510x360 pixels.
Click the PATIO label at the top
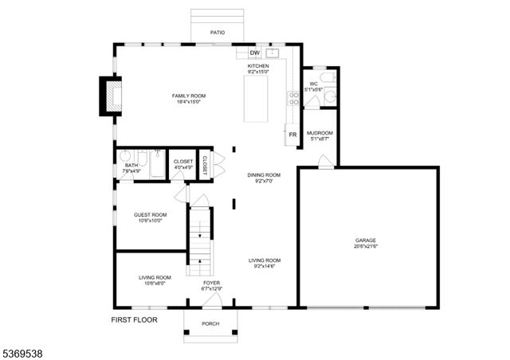(218, 33)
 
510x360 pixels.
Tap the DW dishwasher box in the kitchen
(255, 53)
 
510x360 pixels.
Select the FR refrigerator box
(292, 135)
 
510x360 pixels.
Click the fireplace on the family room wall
(108, 94)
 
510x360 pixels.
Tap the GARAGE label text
(366, 240)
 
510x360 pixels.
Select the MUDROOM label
(320, 133)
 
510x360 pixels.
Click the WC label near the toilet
(313, 84)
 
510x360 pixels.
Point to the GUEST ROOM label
(150, 214)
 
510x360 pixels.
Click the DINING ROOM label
(265, 174)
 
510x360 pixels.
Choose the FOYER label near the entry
(211, 283)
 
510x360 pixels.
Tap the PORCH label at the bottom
(210, 323)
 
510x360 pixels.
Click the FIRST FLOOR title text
(134, 319)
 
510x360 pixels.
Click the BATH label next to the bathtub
(131, 165)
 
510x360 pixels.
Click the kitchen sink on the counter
(272, 53)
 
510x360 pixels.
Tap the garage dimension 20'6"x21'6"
(366, 246)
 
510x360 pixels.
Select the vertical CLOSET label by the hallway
(205, 165)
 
